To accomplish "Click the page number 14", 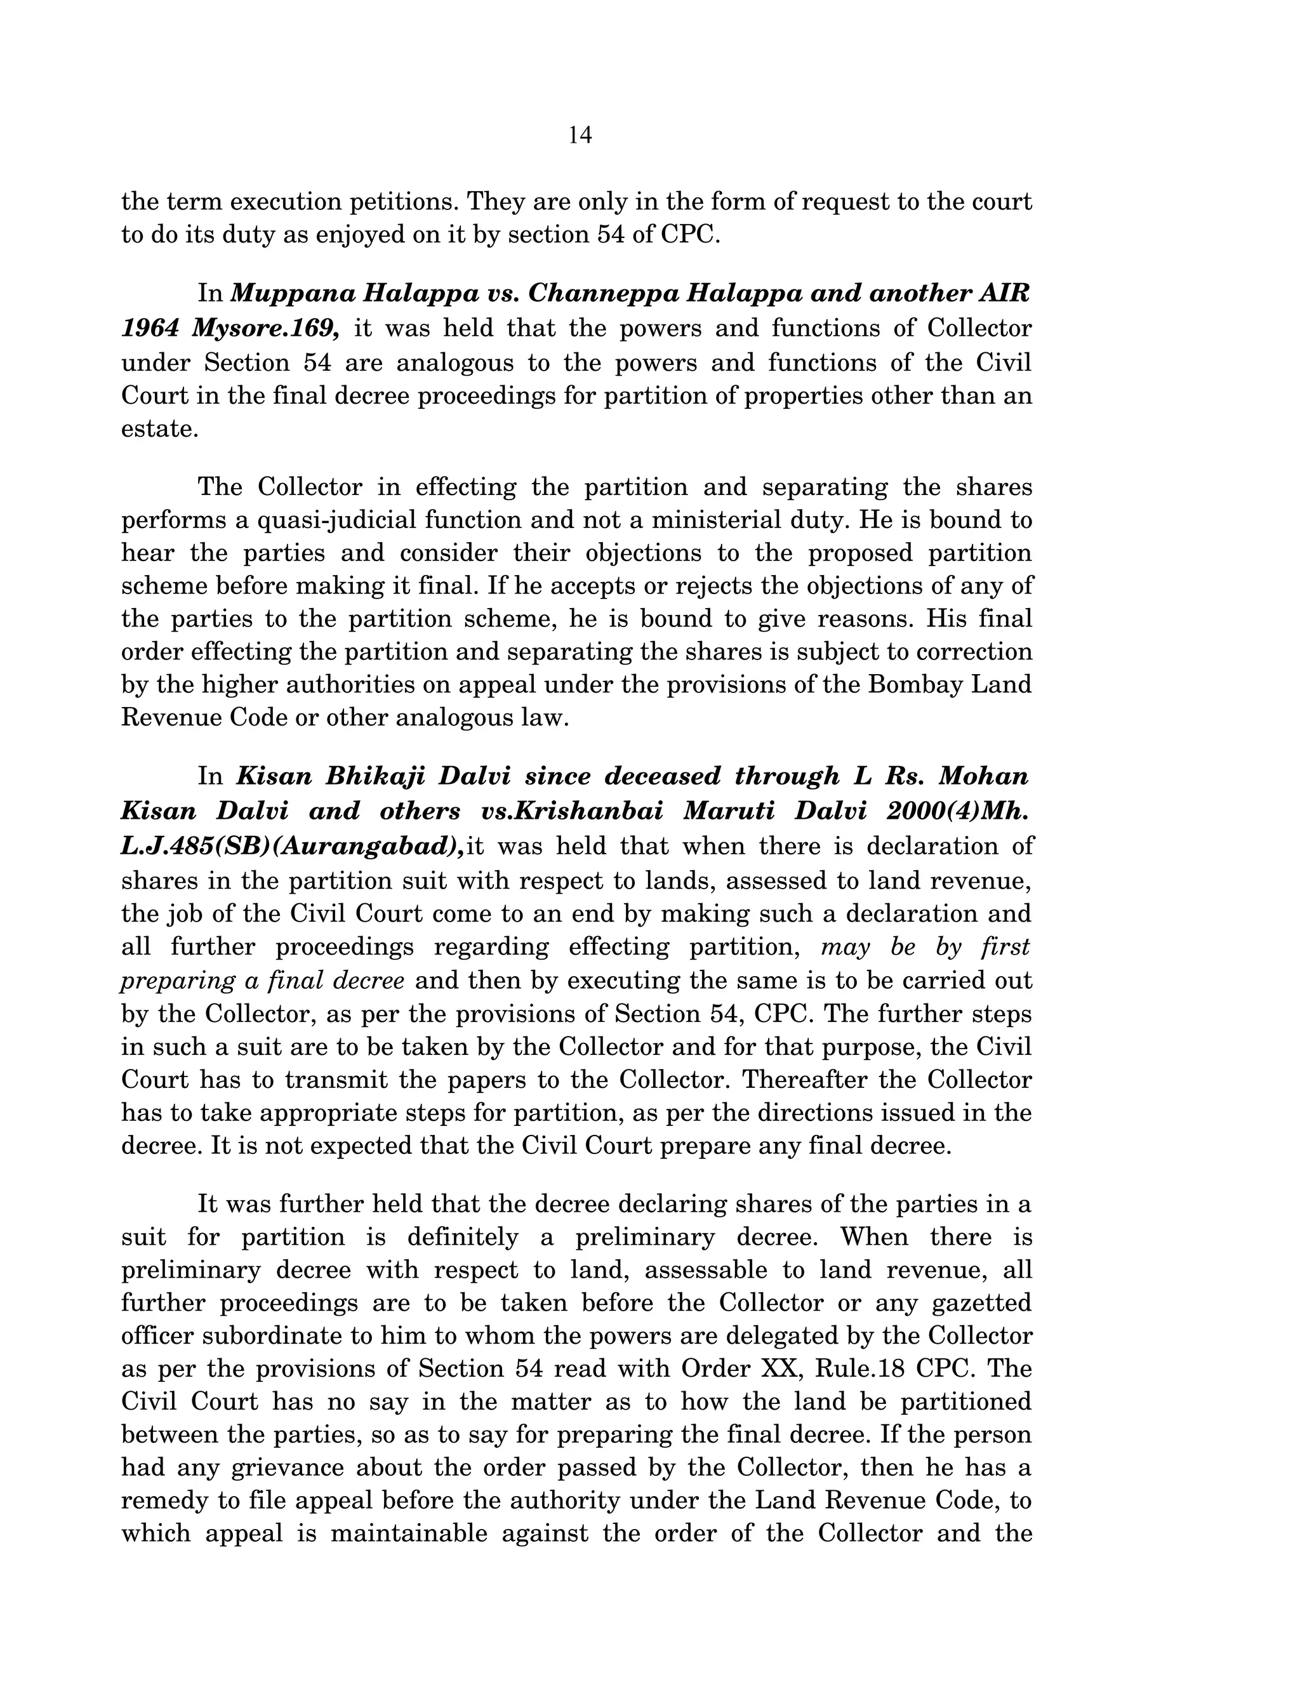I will pos(580,136).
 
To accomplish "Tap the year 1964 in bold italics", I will pos(149,328).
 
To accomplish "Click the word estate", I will pos(159,429).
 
